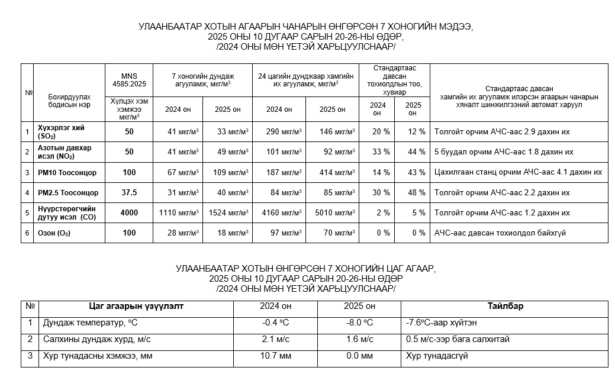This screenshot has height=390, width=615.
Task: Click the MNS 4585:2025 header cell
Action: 128,80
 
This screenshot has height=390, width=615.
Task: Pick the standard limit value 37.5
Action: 128,192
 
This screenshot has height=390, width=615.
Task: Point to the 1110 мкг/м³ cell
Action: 178,212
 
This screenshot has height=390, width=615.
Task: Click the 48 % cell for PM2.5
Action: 413,192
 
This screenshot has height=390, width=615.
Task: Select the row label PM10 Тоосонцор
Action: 67,172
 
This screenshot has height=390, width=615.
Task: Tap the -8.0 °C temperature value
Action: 359,323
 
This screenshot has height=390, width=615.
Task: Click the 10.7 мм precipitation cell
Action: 276,356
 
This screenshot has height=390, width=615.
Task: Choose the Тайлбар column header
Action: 505,307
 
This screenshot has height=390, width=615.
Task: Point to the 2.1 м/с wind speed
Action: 276,340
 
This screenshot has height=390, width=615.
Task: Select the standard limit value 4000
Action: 128,212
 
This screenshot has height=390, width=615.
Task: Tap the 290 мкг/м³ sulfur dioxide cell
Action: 279,131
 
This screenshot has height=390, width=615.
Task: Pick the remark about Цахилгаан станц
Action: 518,172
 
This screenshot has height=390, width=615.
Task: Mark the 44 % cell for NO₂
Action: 413,152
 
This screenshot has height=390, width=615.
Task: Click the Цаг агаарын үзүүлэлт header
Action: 136,307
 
